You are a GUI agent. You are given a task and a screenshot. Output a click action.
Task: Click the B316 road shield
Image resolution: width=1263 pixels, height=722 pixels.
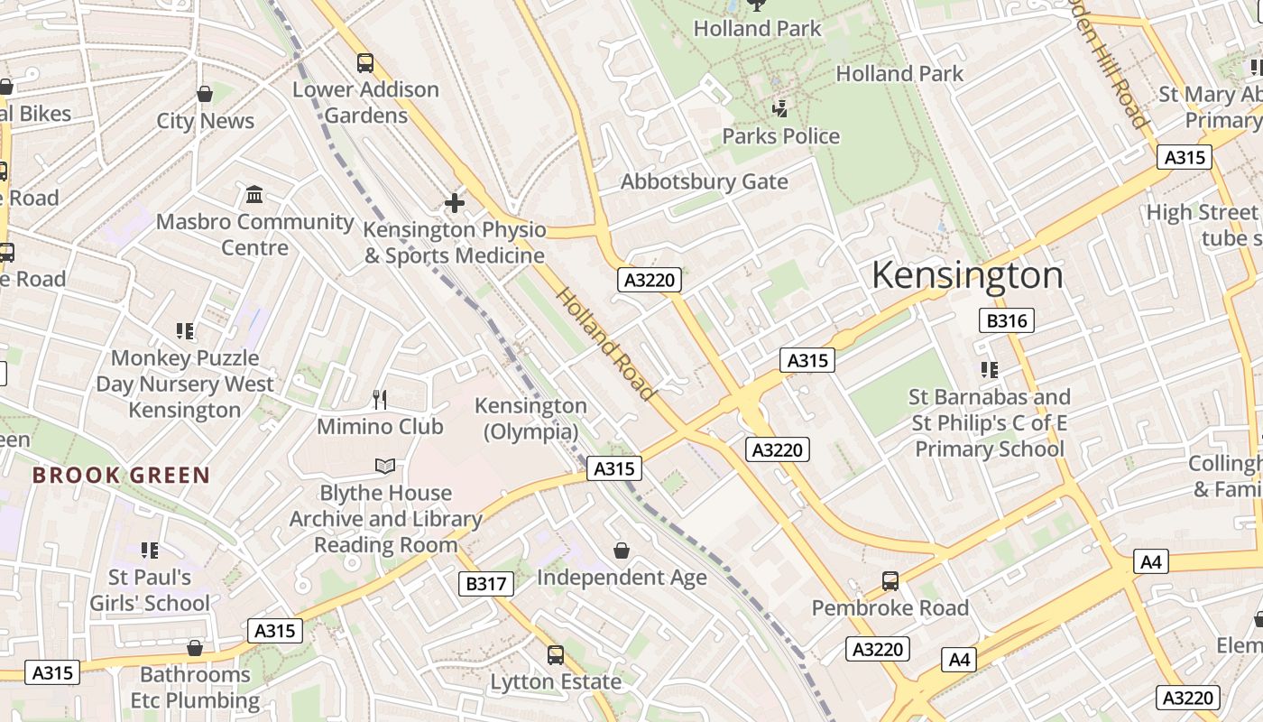tap(1006, 320)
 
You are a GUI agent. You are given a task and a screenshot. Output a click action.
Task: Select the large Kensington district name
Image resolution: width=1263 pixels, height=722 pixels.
tap(967, 275)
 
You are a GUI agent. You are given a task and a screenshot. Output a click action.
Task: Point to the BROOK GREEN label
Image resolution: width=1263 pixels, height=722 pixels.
tap(121, 476)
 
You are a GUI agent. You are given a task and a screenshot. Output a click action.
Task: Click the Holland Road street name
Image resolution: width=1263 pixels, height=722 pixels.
tap(604, 344)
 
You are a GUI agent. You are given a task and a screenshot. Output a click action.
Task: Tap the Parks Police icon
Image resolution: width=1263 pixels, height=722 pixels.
tap(780, 109)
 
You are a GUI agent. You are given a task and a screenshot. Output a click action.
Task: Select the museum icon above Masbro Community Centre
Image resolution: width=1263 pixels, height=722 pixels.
tap(254, 194)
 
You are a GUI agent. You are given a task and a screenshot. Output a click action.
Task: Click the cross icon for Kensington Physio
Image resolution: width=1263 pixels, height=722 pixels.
tap(455, 203)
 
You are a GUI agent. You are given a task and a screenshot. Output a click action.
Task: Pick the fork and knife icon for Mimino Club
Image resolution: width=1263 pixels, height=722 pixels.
tap(380, 399)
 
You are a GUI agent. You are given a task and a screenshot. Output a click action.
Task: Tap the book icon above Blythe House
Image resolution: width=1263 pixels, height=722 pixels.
tap(385, 466)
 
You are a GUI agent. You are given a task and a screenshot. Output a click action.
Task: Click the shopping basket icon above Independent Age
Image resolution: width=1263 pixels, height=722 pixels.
tap(622, 551)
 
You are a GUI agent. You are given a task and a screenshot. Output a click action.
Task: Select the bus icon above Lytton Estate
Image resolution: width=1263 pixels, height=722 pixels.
tap(556, 655)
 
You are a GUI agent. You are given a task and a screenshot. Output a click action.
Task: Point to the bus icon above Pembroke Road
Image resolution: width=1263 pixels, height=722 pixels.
tap(890, 581)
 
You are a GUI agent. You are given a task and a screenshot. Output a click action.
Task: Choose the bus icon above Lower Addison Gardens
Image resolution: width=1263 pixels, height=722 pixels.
tap(365, 63)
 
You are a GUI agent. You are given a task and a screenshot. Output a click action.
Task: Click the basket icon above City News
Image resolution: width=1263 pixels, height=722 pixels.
tap(206, 94)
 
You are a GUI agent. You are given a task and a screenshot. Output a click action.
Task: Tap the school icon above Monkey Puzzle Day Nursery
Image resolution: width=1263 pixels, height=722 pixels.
tap(185, 331)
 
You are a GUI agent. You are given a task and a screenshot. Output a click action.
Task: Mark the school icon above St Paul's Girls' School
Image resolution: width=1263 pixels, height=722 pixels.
tap(150, 550)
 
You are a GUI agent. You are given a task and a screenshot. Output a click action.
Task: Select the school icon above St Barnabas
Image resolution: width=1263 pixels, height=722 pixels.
tap(990, 370)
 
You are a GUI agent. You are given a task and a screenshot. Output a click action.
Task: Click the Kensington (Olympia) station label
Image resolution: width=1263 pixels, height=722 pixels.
tap(530, 419)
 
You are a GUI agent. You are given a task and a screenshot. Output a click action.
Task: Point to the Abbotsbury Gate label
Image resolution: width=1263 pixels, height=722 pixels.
tap(704, 181)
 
